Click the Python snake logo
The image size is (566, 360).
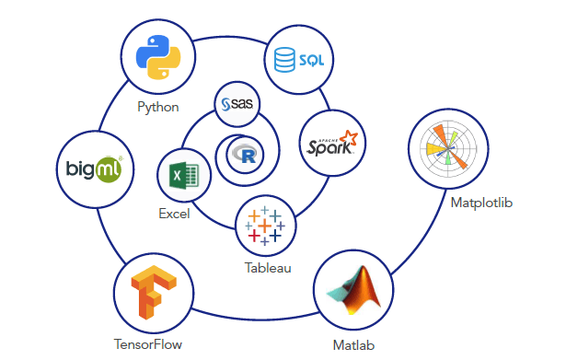pos(157,58)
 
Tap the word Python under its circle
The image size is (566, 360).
pos(157,107)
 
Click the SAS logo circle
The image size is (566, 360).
pos(237,104)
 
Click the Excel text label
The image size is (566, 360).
pos(174,214)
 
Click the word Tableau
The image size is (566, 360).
pos(268,268)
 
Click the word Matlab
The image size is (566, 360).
pos(354,346)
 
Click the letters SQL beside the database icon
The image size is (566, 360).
pos(313,62)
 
